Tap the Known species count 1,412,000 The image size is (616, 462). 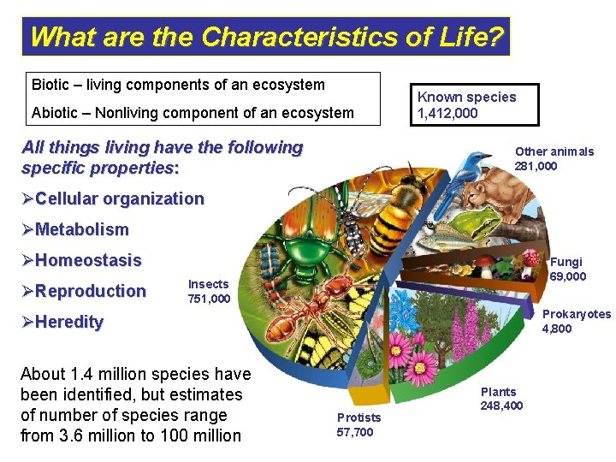447,113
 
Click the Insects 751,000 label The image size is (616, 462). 209,291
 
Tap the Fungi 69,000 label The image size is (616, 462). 567,269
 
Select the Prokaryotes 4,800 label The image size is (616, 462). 576,321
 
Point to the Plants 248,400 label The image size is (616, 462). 500,399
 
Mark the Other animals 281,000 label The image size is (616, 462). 554,158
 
